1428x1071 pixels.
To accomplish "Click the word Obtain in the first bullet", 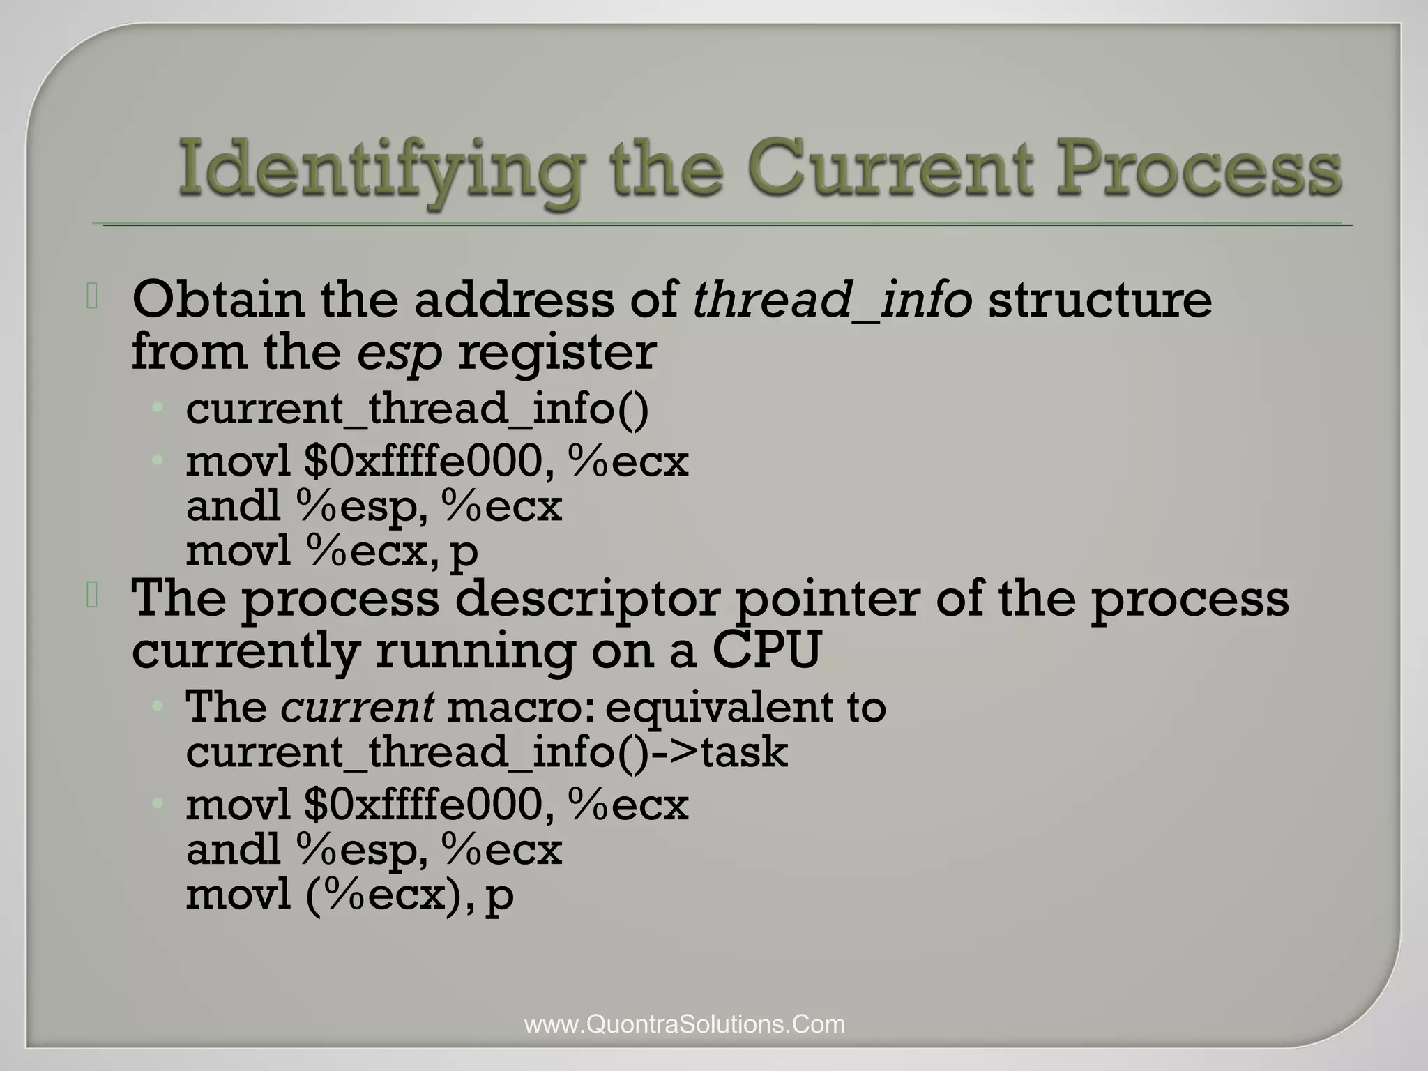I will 218,300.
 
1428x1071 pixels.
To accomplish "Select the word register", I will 556,352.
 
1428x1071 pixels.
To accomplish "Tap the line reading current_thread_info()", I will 417,409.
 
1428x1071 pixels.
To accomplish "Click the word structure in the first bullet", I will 1100,300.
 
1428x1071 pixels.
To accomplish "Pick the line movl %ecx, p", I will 332,552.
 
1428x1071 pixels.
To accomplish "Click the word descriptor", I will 587,599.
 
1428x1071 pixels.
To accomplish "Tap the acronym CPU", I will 766,651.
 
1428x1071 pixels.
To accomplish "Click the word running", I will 476,652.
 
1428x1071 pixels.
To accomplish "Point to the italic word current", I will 358,707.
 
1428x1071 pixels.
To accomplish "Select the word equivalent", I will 717,707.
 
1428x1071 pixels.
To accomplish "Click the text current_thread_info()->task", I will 487,752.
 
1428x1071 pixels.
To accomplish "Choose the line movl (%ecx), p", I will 349,895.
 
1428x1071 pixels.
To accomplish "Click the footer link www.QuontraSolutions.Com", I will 684,1024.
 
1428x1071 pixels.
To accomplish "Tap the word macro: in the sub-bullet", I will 522,707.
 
